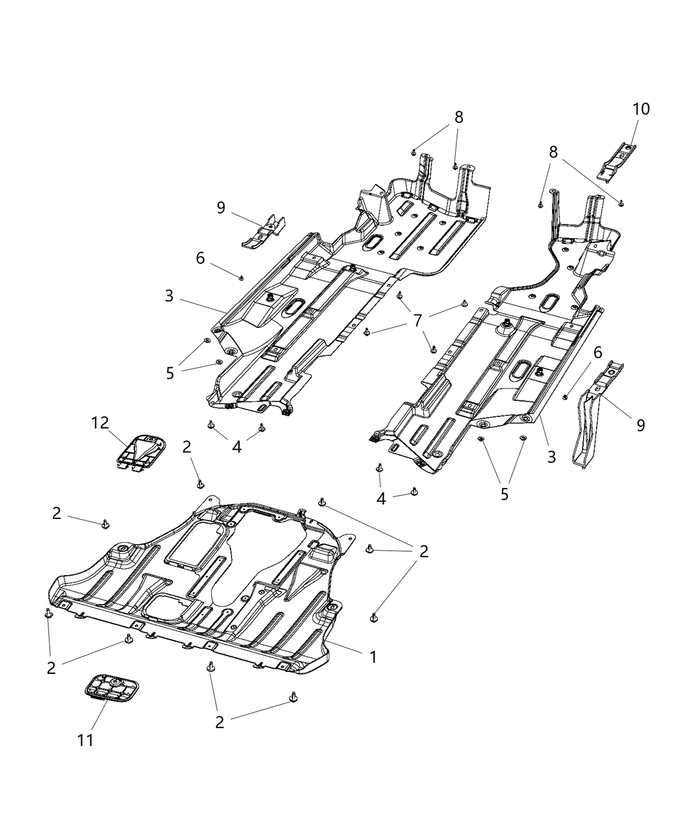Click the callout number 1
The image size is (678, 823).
point(373,657)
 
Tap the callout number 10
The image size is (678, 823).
point(641,109)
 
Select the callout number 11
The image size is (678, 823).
point(85,740)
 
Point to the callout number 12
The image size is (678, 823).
point(100,423)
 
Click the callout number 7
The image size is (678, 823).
point(418,320)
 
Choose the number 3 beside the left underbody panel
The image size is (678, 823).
point(169,296)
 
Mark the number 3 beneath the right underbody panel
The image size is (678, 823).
point(551,456)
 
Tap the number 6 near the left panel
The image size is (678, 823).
point(200,258)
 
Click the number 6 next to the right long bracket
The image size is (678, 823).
point(597,352)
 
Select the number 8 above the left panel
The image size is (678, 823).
point(458,117)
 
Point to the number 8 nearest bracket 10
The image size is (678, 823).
point(553,152)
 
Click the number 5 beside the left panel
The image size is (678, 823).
point(170,373)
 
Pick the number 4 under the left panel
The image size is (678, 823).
point(237,446)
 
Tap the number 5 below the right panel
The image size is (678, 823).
point(504,494)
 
